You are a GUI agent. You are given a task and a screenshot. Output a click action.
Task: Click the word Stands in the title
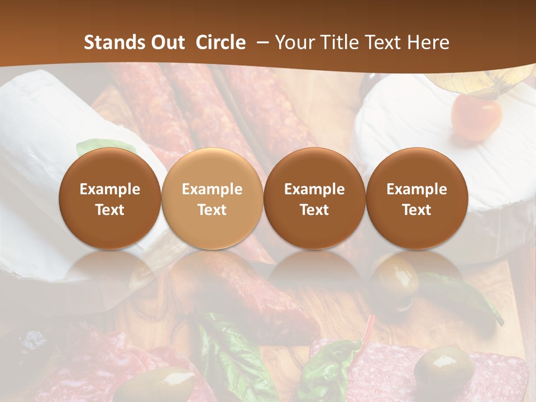tap(113, 42)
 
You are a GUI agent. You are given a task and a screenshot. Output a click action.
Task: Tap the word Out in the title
tap(166, 42)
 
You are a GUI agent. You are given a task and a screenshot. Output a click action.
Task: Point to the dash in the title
tap(263, 43)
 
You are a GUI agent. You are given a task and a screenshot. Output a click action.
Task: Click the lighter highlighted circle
tap(212, 198)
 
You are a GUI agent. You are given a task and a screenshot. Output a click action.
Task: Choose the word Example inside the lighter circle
tap(212, 189)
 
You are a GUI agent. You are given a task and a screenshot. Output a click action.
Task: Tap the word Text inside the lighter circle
tap(212, 210)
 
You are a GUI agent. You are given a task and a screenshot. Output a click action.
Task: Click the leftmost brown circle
tap(109, 198)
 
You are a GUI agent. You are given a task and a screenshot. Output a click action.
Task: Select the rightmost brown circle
tap(417, 198)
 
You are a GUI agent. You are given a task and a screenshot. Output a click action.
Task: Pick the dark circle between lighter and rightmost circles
tap(314, 198)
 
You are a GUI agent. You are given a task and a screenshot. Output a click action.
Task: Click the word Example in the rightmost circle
tap(417, 189)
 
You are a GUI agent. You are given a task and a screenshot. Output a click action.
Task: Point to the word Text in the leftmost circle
tap(110, 210)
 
